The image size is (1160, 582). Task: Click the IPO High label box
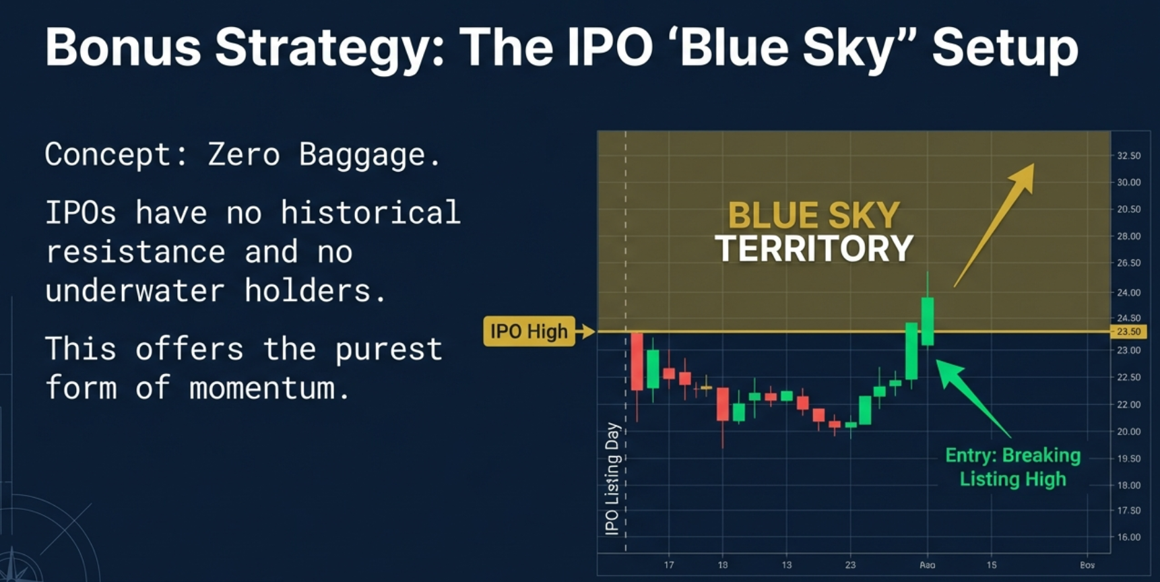(x=529, y=331)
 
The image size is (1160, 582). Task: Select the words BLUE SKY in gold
(x=814, y=216)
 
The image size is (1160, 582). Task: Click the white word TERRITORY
(x=814, y=249)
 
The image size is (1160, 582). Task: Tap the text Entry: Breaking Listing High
(x=1012, y=467)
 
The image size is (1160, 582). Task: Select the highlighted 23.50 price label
(x=1128, y=331)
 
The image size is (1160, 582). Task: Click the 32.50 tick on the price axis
(x=1128, y=156)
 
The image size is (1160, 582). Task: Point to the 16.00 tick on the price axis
(x=1128, y=537)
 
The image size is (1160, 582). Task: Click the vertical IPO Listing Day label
(x=612, y=478)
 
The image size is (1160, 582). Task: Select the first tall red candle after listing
(x=637, y=361)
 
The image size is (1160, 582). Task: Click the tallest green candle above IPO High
(x=928, y=321)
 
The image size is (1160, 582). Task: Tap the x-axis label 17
(x=668, y=564)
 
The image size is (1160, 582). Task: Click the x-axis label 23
(x=850, y=564)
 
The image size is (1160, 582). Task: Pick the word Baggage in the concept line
(x=362, y=155)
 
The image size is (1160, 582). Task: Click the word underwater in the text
(x=135, y=291)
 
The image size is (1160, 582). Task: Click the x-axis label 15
(x=991, y=564)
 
